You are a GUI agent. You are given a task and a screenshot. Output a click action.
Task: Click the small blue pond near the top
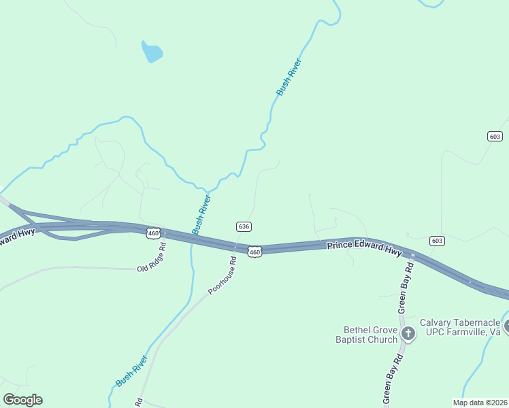(152, 52)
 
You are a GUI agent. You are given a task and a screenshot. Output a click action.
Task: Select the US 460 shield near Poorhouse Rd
(255, 252)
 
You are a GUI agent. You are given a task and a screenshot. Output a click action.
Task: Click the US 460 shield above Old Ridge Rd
(153, 233)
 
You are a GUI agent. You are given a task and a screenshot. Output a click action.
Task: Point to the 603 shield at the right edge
(495, 136)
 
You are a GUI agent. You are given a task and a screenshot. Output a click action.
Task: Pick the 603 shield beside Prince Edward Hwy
(437, 241)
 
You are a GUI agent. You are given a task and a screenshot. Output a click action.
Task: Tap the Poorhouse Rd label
(223, 275)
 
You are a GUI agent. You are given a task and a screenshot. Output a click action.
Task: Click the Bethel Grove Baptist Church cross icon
(408, 333)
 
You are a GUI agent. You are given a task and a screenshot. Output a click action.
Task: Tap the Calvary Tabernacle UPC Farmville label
(460, 327)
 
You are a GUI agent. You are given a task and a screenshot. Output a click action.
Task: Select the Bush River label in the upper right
(289, 76)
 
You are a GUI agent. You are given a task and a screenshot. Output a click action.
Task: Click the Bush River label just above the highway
(201, 214)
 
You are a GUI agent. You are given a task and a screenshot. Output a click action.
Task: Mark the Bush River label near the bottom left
(132, 371)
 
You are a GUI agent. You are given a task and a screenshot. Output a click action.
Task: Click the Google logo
(23, 400)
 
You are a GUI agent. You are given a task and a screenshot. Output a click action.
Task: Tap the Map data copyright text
(480, 403)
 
